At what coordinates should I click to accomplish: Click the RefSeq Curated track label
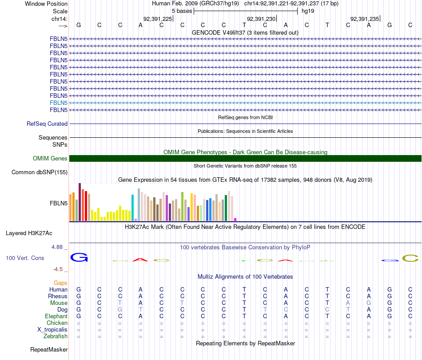pyautogui.click(x=47, y=124)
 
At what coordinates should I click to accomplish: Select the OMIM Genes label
pyautogui.click(x=50, y=159)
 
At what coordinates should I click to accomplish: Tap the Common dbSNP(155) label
pyautogui.click(x=40, y=172)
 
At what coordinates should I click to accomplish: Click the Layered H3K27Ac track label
pyautogui.click(x=29, y=233)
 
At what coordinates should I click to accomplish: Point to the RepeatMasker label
pyautogui.click(x=49, y=350)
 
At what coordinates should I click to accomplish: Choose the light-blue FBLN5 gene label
pyautogui.click(x=59, y=103)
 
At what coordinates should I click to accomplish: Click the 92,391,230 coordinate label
pyautogui.click(x=261, y=19)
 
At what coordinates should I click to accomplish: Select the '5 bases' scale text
pyautogui.click(x=181, y=11)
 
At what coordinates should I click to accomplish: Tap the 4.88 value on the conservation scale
pyautogui.click(x=59, y=247)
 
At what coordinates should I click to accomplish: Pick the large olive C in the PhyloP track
pyautogui.click(x=410, y=258)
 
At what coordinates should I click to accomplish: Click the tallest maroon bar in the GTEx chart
pyautogui.click(x=80, y=202)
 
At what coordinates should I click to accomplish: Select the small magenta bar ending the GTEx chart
pyautogui.click(x=235, y=219)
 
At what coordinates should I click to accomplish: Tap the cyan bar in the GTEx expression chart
pyautogui.click(x=132, y=208)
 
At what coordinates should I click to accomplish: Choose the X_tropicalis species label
pyautogui.click(x=52, y=330)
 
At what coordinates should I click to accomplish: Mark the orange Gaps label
pyautogui.click(x=60, y=283)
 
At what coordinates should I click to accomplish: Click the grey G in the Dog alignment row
pyautogui.click(x=120, y=309)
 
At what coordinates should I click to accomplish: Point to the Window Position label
pyautogui.click(x=46, y=4)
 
